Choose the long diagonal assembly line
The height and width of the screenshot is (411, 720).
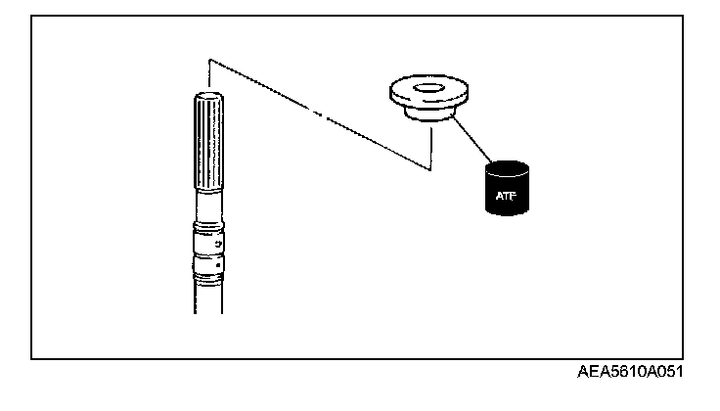click(318, 115)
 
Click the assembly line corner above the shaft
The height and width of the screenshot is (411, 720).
click(209, 61)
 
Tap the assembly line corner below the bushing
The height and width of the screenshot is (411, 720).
click(428, 170)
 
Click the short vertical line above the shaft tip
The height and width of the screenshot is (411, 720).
click(209, 74)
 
